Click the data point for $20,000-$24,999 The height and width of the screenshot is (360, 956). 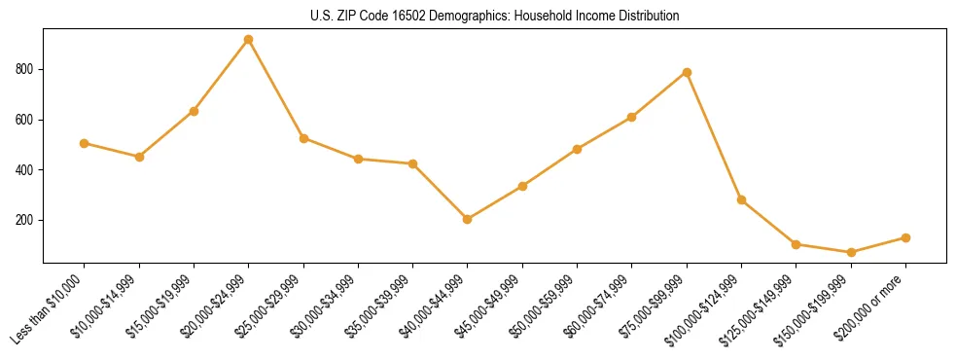point(249,40)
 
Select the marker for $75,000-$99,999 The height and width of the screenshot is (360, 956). point(687,72)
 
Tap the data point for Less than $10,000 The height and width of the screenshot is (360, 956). point(85,143)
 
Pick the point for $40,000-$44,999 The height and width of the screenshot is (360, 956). point(468,219)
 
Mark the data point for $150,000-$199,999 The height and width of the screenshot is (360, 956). point(851,252)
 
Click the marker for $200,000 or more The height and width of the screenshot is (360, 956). point(905,237)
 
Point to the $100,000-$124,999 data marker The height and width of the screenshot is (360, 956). point(741,199)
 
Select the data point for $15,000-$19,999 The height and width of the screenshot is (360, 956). point(194,111)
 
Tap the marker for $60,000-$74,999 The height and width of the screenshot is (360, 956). point(632,117)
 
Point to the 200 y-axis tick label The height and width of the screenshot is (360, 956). point(26,221)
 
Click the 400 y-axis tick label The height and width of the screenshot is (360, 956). point(26,170)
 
